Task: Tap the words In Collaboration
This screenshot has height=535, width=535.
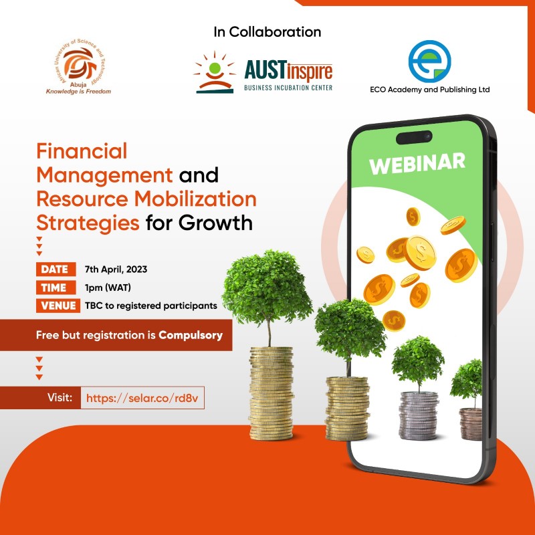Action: pyautogui.click(x=267, y=31)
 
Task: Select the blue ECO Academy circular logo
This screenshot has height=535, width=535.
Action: pyautogui.click(x=429, y=61)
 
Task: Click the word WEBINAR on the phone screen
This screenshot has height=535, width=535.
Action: pyautogui.click(x=417, y=163)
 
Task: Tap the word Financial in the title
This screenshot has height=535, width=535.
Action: pyautogui.click(x=82, y=151)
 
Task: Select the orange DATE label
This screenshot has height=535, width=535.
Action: pyautogui.click(x=55, y=270)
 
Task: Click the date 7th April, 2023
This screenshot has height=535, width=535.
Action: pyautogui.click(x=116, y=270)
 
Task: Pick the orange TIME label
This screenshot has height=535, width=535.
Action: pyautogui.click(x=55, y=288)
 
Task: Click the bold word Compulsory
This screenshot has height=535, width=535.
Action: pyautogui.click(x=191, y=335)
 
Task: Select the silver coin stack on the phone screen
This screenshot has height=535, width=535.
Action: pyautogui.click(x=418, y=415)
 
